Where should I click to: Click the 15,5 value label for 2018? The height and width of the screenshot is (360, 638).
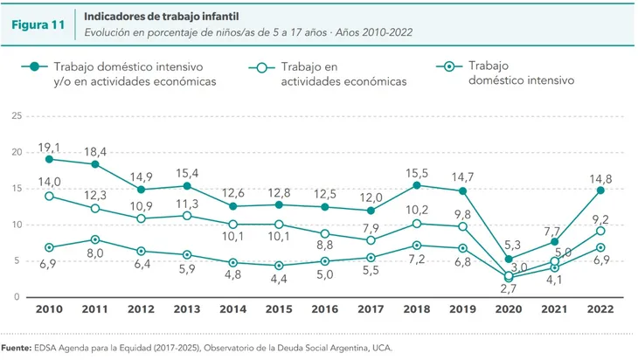417,172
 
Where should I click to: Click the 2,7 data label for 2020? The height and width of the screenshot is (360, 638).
509,287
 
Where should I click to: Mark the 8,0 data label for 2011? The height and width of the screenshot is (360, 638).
95,253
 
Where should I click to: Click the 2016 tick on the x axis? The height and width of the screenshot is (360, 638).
325,310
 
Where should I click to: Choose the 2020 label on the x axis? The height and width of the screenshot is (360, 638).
509,310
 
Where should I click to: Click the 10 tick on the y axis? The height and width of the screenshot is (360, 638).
16,225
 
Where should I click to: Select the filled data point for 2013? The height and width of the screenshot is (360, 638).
187,185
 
